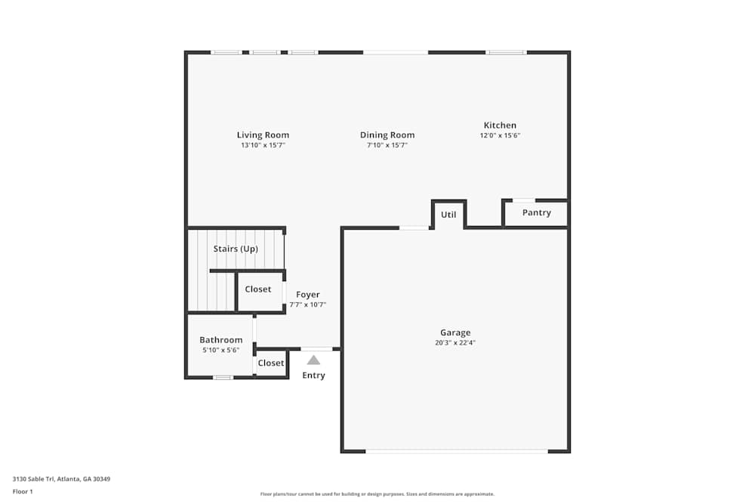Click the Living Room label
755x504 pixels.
point(263,135)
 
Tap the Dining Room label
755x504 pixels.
point(387,135)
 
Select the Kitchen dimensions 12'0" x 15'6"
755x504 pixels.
point(500,135)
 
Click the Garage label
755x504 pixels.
point(455,332)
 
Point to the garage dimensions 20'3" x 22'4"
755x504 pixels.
point(455,343)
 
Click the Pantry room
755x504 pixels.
point(536,213)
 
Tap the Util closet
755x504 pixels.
point(448,215)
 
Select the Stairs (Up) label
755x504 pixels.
point(236,249)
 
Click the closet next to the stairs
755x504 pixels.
point(260,291)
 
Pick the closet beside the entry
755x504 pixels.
point(270,363)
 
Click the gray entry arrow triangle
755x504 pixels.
point(313,360)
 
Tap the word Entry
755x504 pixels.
point(313,376)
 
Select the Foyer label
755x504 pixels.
point(308,295)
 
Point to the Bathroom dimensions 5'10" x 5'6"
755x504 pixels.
point(221,351)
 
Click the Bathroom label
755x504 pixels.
point(221,340)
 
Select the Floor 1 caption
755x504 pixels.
point(23,491)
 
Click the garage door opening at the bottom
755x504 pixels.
point(457,451)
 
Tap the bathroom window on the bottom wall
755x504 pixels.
point(223,377)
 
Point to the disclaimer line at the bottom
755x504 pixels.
point(377,494)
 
